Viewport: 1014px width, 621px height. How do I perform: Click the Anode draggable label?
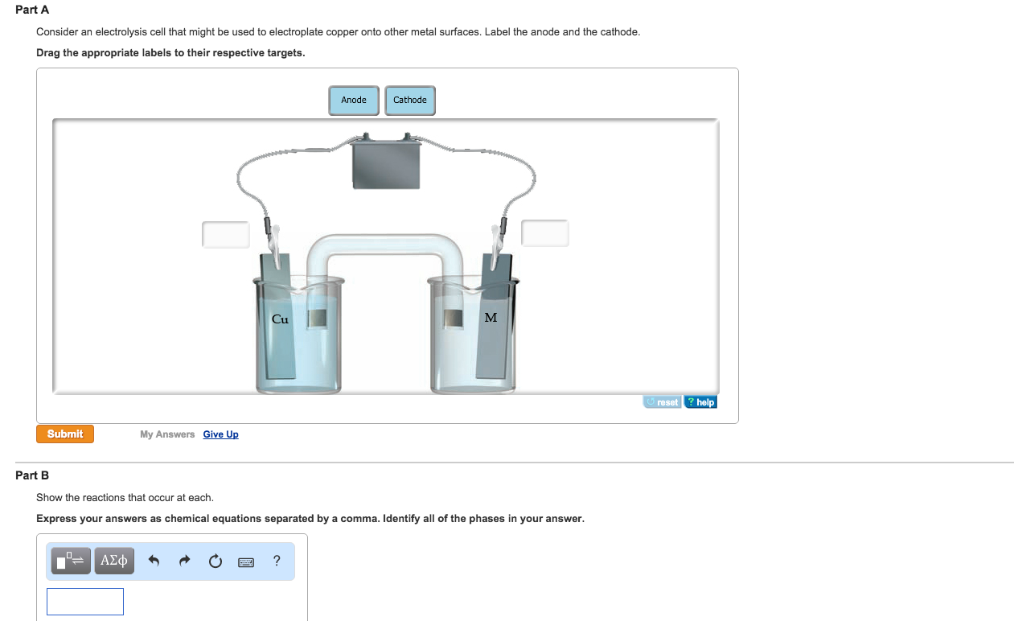coord(354,100)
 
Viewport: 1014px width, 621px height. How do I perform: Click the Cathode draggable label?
coord(409,100)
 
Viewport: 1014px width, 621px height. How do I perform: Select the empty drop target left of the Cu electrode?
coord(225,235)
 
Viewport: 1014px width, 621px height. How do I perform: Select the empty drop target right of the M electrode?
coord(545,233)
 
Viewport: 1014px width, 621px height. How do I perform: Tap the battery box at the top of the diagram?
coord(386,164)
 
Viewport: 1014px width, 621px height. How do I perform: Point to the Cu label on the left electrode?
coord(280,319)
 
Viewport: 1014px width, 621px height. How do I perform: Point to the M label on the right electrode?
coord(491,318)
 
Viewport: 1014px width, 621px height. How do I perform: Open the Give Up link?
coord(220,434)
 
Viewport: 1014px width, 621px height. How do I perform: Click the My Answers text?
coord(167,434)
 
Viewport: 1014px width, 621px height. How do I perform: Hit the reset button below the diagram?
coord(662,401)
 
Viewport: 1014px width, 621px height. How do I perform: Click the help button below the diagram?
coord(700,401)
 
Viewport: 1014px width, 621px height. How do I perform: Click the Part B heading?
coord(31,475)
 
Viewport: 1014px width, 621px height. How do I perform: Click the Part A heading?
coord(31,10)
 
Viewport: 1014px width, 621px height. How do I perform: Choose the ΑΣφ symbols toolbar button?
coord(114,561)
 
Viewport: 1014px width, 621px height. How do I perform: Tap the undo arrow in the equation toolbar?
coord(154,561)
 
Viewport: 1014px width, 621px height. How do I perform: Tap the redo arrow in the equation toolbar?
coord(184,561)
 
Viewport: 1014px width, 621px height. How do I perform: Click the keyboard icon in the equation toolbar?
coord(246,562)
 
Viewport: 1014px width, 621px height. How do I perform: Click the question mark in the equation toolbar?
coord(277,561)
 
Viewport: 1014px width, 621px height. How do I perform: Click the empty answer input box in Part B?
coord(85,602)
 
